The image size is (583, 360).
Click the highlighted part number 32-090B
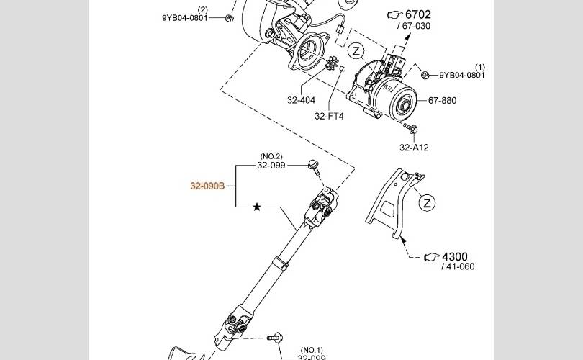click(x=207, y=186)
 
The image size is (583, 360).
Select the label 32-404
click(x=301, y=100)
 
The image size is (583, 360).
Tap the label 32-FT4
click(x=329, y=116)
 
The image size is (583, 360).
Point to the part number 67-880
click(x=442, y=100)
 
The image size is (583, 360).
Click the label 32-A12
click(x=414, y=148)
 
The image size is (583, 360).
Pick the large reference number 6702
click(x=418, y=14)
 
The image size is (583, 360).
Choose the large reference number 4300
click(x=455, y=256)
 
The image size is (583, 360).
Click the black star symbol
click(x=256, y=207)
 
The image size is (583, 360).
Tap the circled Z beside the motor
click(x=356, y=51)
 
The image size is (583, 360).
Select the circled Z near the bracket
click(x=427, y=203)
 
